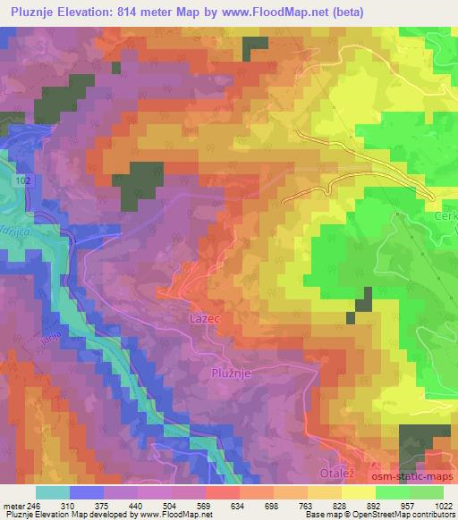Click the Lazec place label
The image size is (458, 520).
pos(203,317)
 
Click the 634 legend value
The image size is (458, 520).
pos(238,506)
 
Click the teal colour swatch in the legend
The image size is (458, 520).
pos(52,492)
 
